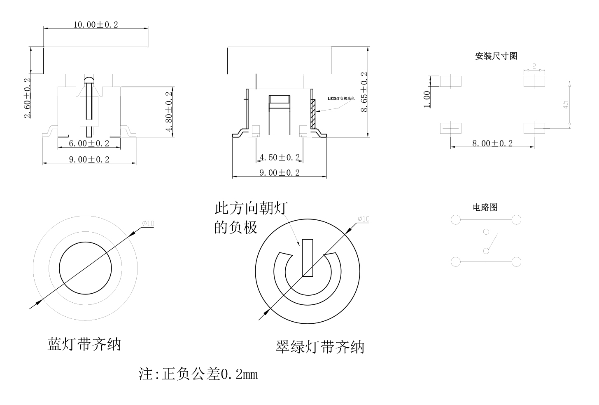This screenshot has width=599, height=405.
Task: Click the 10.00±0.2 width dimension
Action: [x=96, y=24]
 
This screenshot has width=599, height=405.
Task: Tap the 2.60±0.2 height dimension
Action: [x=28, y=98]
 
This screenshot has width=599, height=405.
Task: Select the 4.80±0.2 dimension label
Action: [x=169, y=111]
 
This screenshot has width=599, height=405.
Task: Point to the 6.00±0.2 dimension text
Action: [x=89, y=143]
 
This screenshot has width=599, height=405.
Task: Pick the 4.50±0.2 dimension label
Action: [x=280, y=157]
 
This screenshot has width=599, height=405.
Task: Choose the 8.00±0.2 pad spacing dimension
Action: [x=492, y=143]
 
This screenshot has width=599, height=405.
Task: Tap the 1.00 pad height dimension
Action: [x=427, y=99]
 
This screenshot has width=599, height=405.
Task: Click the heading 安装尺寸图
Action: [x=496, y=56]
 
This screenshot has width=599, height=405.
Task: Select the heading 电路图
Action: [x=485, y=207]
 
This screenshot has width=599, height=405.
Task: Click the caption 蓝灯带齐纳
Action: [x=84, y=344]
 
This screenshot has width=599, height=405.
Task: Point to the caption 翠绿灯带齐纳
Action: [x=320, y=346]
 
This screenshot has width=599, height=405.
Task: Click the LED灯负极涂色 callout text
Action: [x=341, y=99]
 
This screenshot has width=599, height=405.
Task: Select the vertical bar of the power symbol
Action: [x=308, y=258]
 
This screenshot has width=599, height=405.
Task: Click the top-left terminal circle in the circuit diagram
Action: [x=456, y=219]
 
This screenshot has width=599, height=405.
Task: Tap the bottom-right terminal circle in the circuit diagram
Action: [x=516, y=261]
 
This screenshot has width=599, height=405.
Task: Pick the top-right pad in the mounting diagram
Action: [x=534, y=81]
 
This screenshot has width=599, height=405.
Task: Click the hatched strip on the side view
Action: [x=313, y=113]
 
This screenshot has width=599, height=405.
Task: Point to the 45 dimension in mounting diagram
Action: [x=566, y=105]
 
